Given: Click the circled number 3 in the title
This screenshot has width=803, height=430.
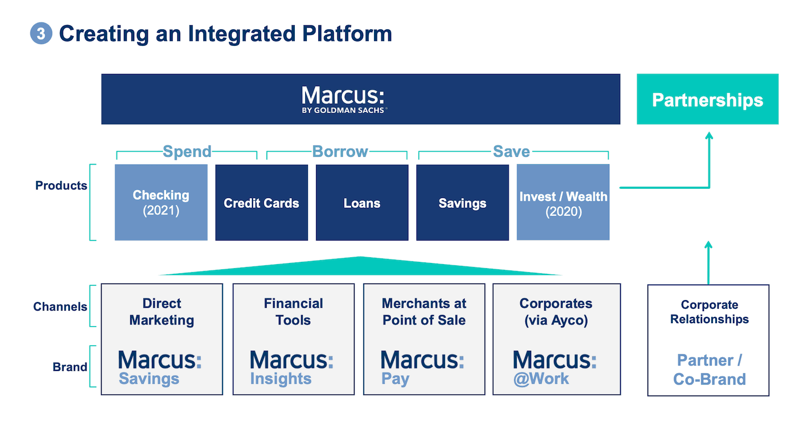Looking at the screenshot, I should click(x=40, y=33).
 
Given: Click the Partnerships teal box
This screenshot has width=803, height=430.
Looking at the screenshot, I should click(x=707, y=99).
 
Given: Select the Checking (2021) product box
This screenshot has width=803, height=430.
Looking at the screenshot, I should click(x=161, y=203).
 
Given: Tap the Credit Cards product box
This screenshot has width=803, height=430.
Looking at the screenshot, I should click(x=262, y=203).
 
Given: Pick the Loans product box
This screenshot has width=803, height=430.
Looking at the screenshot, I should click(x=362, y=203).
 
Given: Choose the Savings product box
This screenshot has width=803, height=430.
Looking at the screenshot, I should click(x=462, y=203).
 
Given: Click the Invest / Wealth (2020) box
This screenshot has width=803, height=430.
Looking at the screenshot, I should click(x=563, y=203).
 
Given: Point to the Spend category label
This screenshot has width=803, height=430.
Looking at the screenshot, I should click(x=187, y=152).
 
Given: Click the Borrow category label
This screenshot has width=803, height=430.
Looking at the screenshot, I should click(x=340, y=152).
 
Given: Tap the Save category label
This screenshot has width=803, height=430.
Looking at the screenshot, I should click(x=511, y=152).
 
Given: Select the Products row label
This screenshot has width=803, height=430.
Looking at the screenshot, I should click(x=61, y=185).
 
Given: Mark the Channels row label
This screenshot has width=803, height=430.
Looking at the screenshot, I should click(x=60, y=307).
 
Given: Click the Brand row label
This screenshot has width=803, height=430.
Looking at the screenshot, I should click(x=70, y=367).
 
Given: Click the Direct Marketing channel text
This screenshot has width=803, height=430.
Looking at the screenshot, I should click(x=162, y=312).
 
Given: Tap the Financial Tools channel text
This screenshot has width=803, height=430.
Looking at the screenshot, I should click(x=293, y=312).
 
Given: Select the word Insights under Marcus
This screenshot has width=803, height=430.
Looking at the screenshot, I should click(x=280, y=379).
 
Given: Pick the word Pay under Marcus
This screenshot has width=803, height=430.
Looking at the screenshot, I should click(x=395, y=379).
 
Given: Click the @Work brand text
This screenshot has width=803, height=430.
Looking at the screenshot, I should click(x=541, y=379).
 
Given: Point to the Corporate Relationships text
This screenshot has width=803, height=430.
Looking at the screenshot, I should click(x=709, y=312).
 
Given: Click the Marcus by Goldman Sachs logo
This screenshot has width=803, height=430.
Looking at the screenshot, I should click(x=343, y=99).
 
